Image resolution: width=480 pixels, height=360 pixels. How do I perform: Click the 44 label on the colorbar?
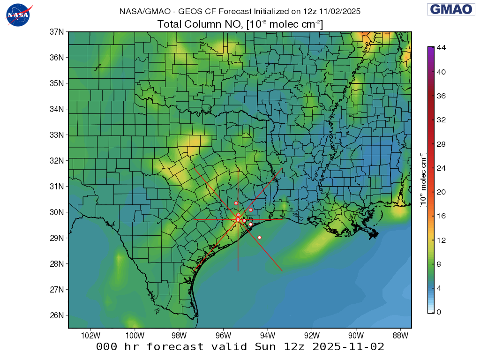pyautogui.click(x=441, y=48)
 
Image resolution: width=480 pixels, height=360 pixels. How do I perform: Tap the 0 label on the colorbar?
pyautogui.click(x=439, y=312)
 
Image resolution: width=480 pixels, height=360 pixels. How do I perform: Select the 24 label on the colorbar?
pyautogui.click(x=441, y=168)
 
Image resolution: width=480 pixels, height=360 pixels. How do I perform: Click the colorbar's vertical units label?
pyautogui.click(x=423, y=180)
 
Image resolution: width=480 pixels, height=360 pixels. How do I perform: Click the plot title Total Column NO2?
pyautogui.click(x=240, y=24)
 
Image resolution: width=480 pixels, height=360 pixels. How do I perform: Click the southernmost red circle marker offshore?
pyautogui.click(x=259, y=237)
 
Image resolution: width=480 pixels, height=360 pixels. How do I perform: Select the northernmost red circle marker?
pyautogui.click(x=236, y=203)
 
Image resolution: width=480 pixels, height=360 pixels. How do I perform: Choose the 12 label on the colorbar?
pyautogui.click(x=441, y=240)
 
